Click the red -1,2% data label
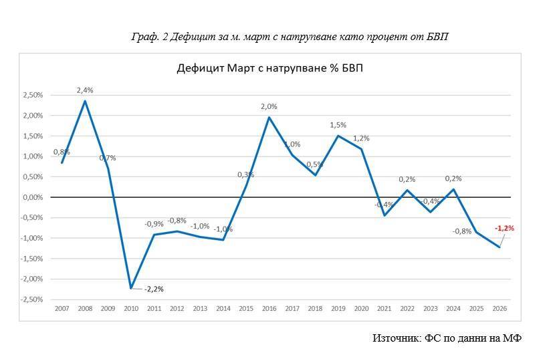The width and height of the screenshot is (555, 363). point(504,228)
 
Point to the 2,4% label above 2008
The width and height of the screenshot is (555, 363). point(85,90)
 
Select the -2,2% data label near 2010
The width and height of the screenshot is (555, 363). point(154,289)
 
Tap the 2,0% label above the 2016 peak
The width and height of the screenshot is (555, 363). point(269,106)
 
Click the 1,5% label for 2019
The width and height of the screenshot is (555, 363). point(338,125)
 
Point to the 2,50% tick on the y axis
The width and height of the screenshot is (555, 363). point(32,96)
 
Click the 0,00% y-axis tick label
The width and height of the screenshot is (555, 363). point(32,197)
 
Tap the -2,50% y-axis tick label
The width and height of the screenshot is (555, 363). point(31,299)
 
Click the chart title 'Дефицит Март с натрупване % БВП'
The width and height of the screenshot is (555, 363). point(270,68)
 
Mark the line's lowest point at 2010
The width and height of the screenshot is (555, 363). point(131,288)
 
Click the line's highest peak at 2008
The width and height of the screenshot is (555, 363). point(85,101)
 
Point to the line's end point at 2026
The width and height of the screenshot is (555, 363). point(499,247)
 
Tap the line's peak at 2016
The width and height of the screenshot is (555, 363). point(269,118)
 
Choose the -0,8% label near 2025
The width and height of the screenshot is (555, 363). point(461,231)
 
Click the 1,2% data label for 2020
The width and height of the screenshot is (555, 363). point(361,138)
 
